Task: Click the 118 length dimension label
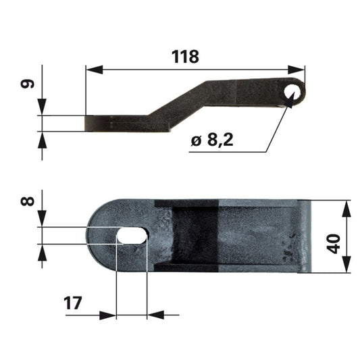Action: [185, 57]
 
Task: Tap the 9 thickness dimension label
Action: [28, 84]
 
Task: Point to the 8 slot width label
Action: [28, 201]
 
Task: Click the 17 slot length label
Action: [72, 303]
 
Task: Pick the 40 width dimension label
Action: [334, 244]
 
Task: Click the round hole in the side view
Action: [292, 93]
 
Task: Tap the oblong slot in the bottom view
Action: [132, 235]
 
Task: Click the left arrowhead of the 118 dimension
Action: [95, 70]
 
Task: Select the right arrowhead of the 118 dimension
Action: [297, 70]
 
